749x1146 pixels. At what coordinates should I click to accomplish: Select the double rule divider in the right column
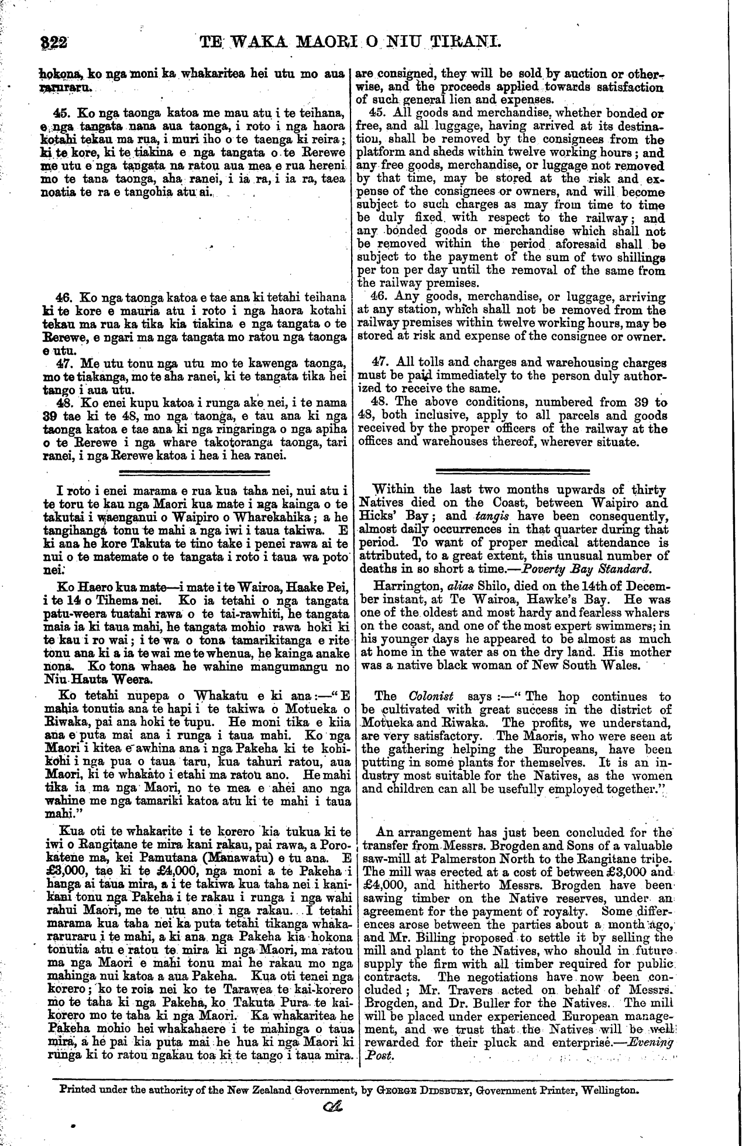pyautogui.click(x=513, y=470)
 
